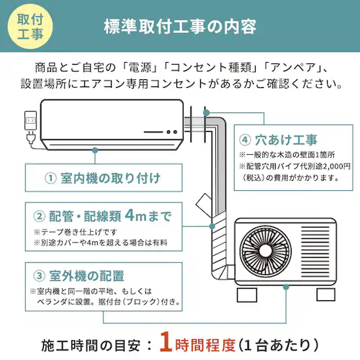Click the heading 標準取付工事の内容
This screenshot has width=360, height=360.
point(180,27)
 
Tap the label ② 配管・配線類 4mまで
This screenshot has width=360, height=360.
point(104,215)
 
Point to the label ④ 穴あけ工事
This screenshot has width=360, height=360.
point(277,139)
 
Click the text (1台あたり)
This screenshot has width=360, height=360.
point(276,340)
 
